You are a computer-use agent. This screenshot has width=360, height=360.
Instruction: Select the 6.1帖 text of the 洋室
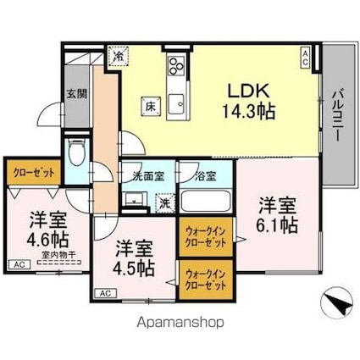277,224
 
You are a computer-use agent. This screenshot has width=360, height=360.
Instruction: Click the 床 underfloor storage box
149,106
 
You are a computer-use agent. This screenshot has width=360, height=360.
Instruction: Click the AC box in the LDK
305,55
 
